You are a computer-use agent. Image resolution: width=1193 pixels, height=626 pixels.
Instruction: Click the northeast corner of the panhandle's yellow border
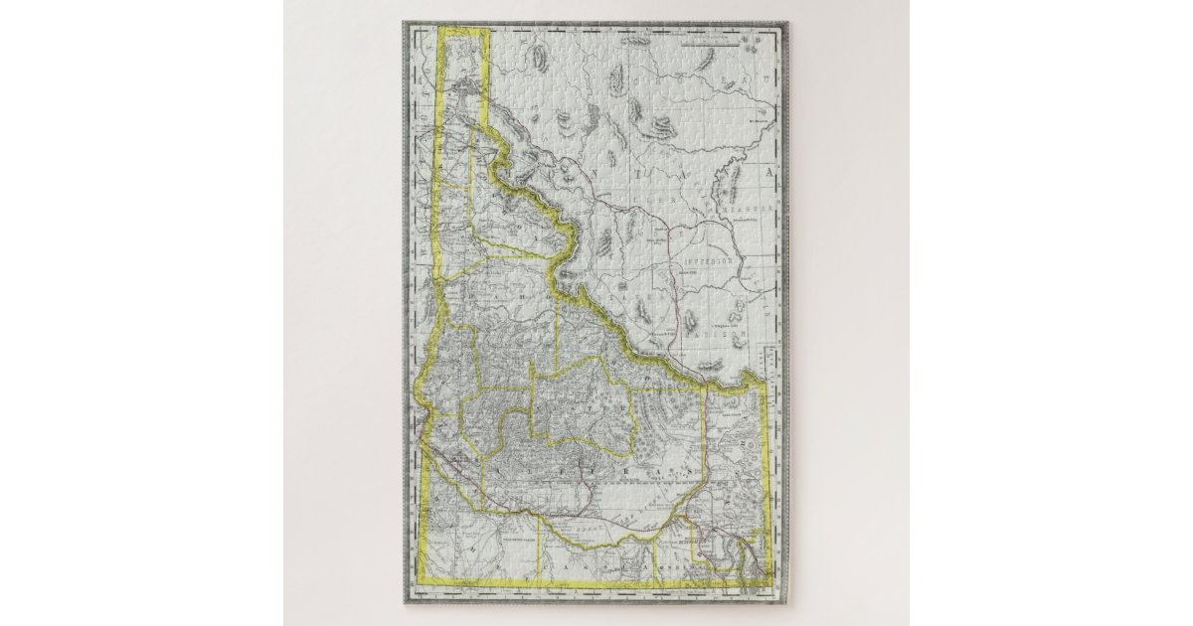click(490, 32)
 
